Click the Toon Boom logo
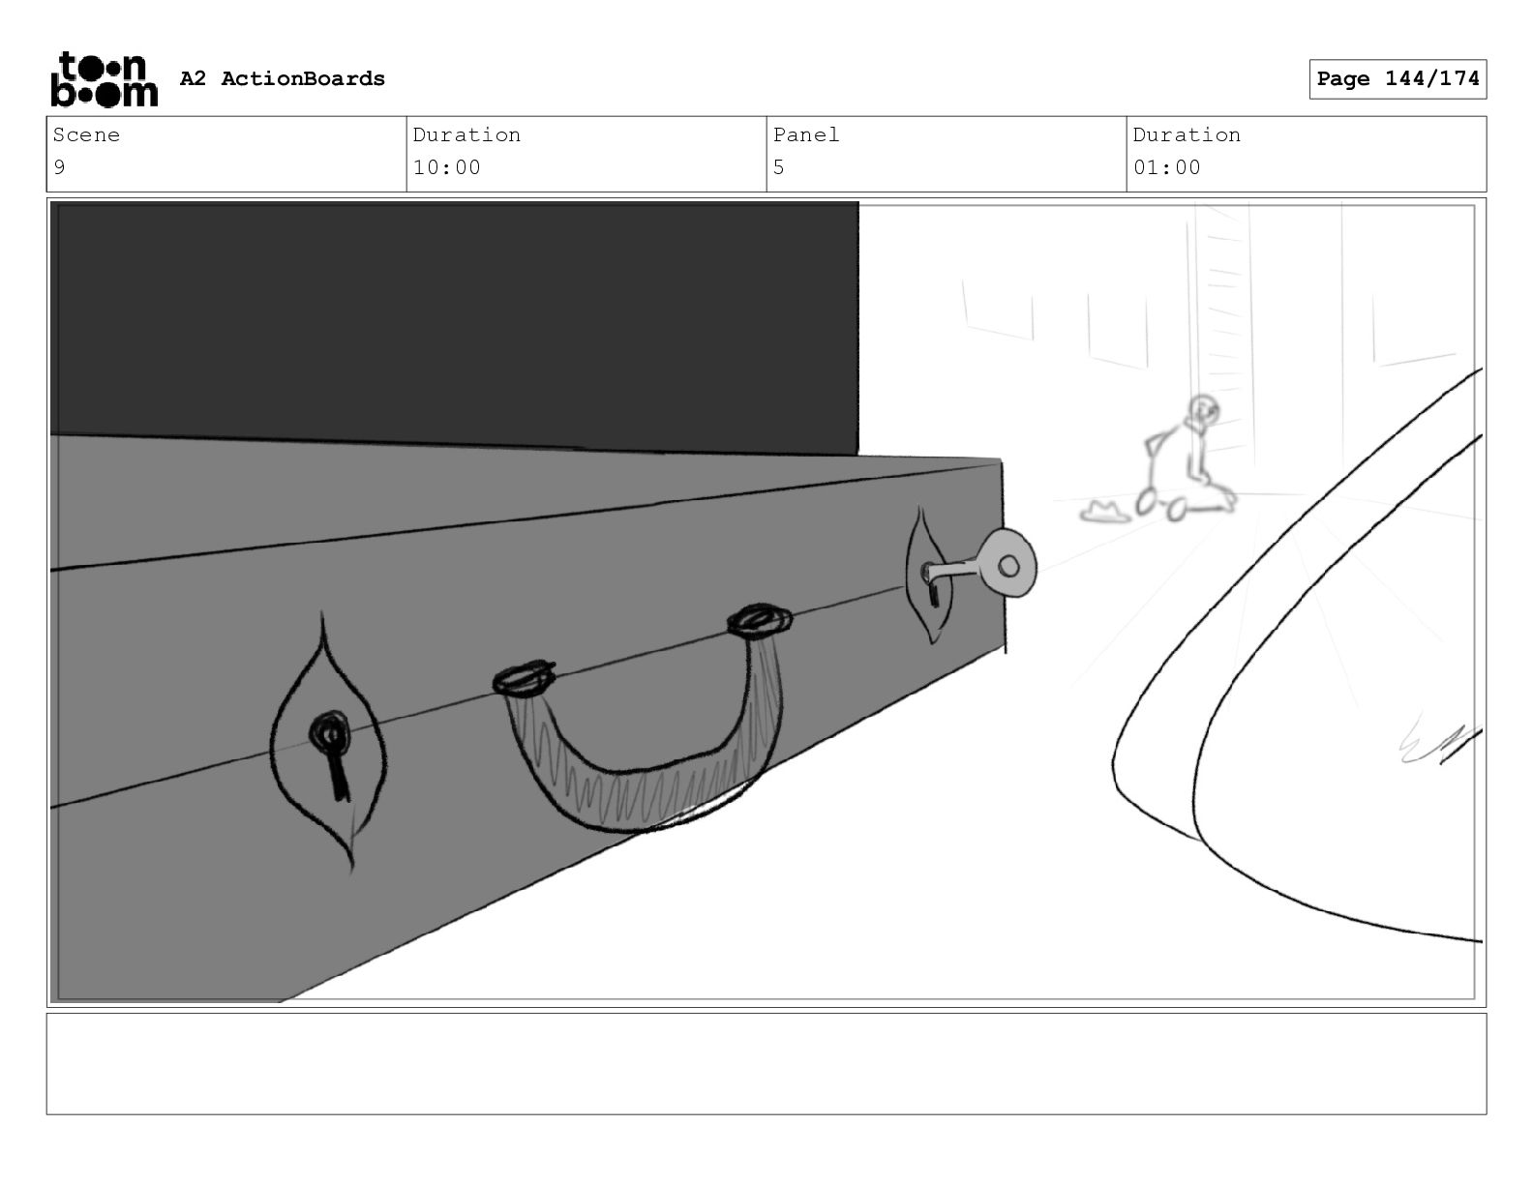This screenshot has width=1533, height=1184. (105, 79)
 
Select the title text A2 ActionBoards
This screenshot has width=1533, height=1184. (283, 78)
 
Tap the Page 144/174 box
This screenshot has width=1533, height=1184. (1398, 79)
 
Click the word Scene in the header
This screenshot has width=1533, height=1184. (86, 134)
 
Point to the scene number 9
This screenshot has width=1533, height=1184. (59, 167)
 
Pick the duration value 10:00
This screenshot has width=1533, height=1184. (446, 167)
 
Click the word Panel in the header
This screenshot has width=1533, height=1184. (805, 134)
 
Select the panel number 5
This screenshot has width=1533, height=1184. (779, 167)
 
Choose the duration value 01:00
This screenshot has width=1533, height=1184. (1167, 167)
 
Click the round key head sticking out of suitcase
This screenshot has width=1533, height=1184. (1008, 564)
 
